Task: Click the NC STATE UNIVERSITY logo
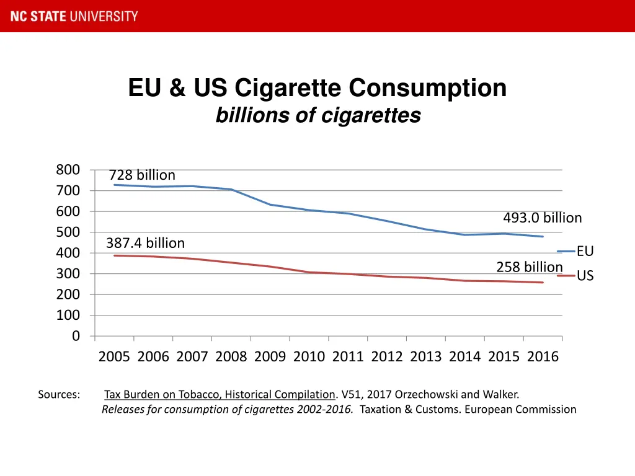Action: [x=74, y=16]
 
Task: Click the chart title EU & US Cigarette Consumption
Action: [x=317, y=88]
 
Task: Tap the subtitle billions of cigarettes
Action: [x=317, y=115]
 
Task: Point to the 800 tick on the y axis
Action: [x=68, y=170]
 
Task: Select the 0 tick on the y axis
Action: [x=76, y=336]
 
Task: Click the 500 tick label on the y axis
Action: [x=68, y=232]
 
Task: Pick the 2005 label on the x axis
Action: [x=114, y=357]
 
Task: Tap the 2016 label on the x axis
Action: [x=543, y=357]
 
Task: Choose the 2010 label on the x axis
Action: [x=309, y=357]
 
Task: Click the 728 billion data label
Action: [x=142, y=175]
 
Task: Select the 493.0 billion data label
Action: [x=542, y=218]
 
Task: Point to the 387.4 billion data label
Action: [x=145, y=243]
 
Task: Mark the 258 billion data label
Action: [x=529, y=267]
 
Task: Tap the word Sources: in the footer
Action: [x=59, y=395]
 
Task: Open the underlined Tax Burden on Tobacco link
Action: [x=220, y=395]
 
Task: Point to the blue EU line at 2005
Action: [x=115, y=185]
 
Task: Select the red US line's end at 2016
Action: [x=543, y=283]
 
